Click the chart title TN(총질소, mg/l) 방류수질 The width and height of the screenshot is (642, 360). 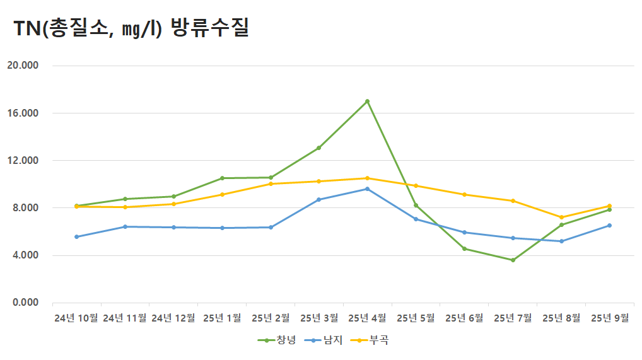tap(131, 28)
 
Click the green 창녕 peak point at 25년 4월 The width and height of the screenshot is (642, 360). tap(367, 101)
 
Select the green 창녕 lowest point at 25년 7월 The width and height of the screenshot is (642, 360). tap(513, 260)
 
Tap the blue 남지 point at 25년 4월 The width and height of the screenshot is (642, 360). tap(367, 189)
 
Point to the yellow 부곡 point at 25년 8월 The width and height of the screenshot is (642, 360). tap(561, 217)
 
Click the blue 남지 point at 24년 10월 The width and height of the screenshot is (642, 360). tap(76, 236)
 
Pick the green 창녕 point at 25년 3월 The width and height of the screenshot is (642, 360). tap(318, 148)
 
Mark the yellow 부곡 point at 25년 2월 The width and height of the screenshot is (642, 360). tap(271, 183)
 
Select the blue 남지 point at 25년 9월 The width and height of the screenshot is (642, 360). tap(609, 225)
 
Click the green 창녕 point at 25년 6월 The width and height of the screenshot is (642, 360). tap(464, 248)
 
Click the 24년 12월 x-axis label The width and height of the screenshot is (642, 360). tap(173, 318)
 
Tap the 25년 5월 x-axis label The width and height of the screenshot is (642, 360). tap(416, 318)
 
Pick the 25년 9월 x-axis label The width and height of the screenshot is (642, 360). tap(609, 318)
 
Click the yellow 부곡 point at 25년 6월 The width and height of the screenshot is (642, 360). tap(464, 194)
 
